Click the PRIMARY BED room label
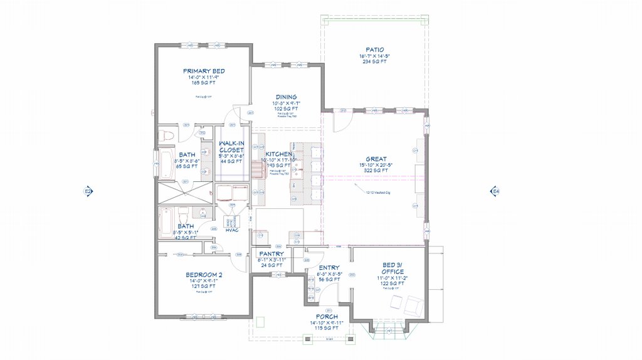[x=204, y=71]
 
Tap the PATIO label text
[x=375, y=50]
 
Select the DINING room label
[x=286, y=97]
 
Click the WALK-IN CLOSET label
[x=231, y=147]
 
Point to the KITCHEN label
[x=278, y=154]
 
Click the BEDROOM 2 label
[x=204, y=275]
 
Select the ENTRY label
[x=329, y=268]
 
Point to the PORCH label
[x=327, y=316]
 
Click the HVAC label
[x=232, y=230]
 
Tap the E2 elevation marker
[x=88, y=191]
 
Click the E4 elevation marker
[x=495, y=191]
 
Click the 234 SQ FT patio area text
[x=375, y=61]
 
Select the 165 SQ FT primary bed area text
[x=204, y=82]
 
